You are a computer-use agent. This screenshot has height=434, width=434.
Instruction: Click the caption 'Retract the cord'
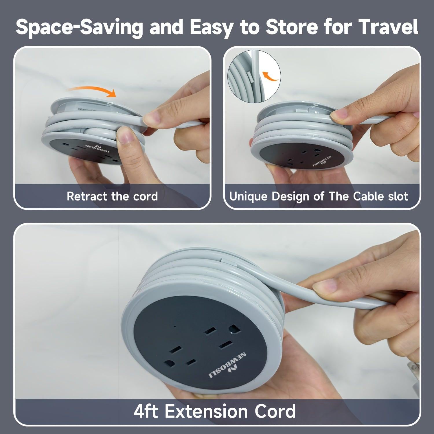coord(112,196)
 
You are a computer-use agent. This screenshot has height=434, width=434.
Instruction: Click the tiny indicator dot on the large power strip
coord(174,327)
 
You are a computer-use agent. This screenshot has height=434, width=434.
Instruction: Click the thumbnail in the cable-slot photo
coord(340,115)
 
